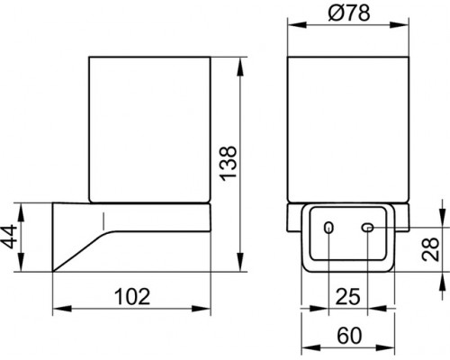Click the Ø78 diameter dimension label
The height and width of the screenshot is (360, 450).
tap(349, 13)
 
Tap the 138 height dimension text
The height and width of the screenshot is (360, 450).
tap(228, 164)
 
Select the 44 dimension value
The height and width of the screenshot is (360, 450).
tap(9, 237)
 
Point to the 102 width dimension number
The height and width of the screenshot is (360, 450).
tap(132, 297)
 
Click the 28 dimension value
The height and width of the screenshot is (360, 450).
tap(430, 249)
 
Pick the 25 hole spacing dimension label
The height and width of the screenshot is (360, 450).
tap(348, 297)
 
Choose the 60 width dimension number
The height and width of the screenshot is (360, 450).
tap(349, 336)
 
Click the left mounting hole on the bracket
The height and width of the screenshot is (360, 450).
tap(328, 228)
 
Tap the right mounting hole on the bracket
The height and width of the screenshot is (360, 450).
tap(367, 228)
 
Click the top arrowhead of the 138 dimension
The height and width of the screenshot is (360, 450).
tap(240, 66)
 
